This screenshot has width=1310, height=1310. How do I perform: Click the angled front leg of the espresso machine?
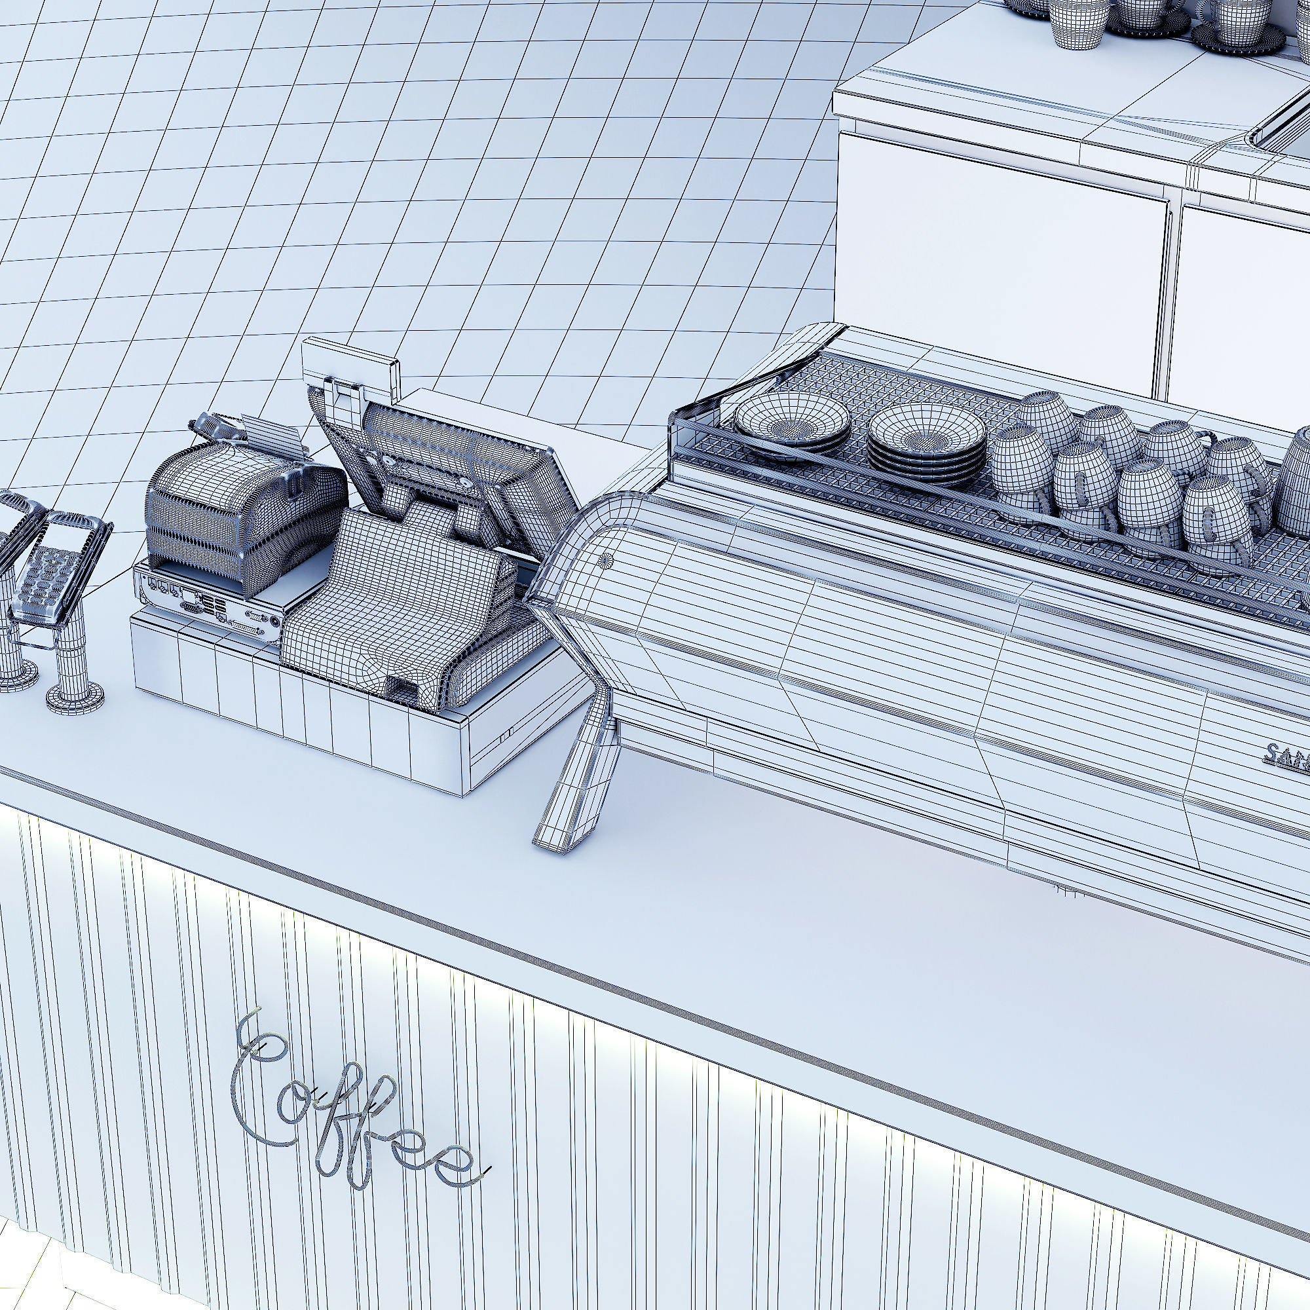[576, 787]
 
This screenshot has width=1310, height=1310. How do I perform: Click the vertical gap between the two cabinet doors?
[1174, 298]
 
